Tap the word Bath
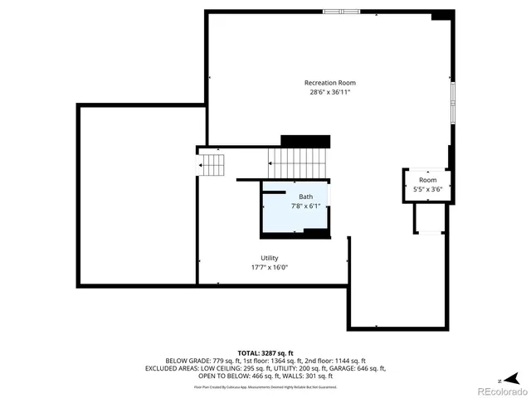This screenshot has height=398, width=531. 306,197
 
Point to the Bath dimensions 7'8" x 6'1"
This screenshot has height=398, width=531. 305,206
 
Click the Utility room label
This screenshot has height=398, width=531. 270,258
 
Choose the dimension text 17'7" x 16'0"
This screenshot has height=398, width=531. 270,267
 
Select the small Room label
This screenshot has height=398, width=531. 427,180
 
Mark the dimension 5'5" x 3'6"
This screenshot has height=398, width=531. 427,189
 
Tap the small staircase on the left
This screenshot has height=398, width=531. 212,164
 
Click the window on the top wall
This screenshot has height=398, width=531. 341,11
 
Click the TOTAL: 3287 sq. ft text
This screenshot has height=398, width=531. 265,353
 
